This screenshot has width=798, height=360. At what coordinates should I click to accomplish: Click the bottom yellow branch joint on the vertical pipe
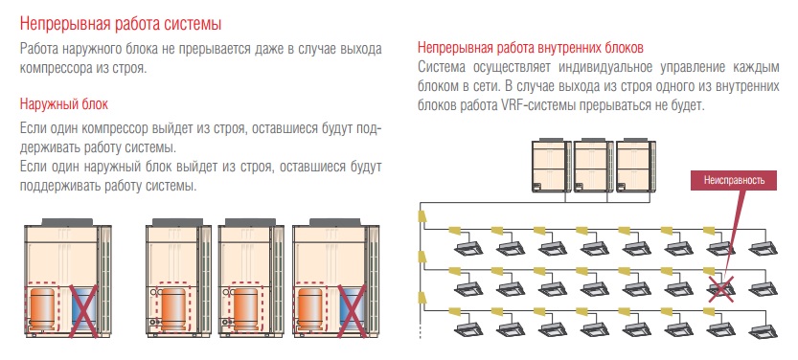pyautogui.click(x=422, y=297)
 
